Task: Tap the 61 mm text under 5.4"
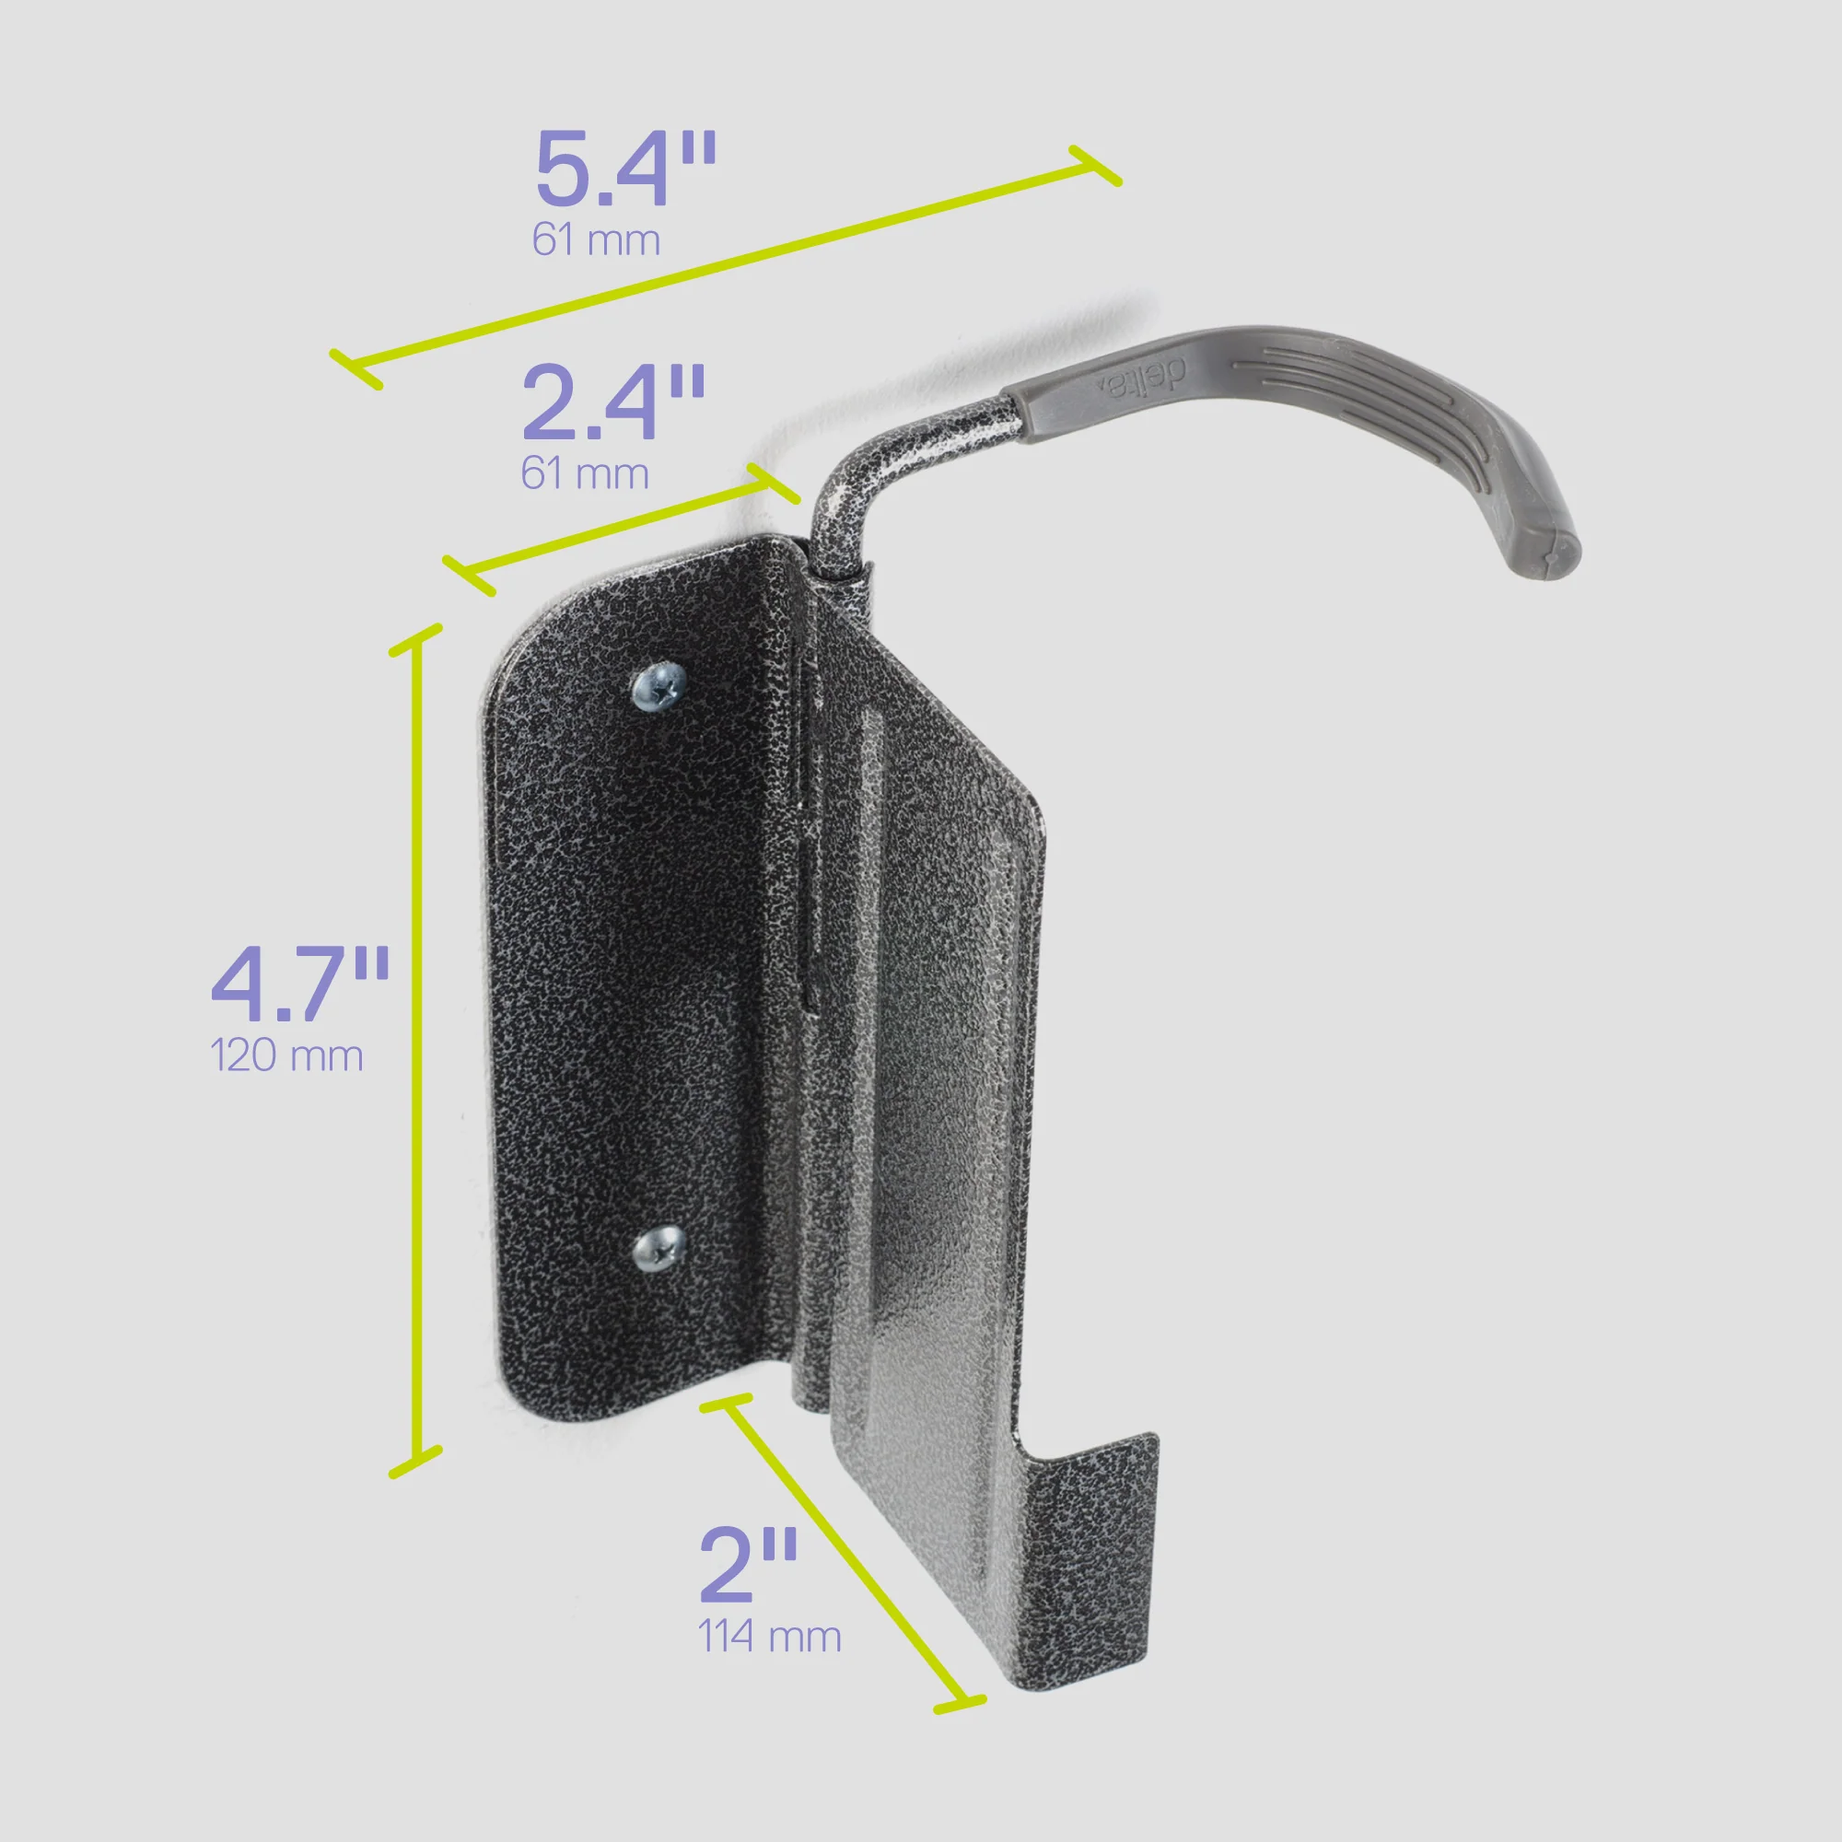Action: pyautogui.click(x=596, y=240)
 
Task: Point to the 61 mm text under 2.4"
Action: pyautogui.click(x=585, y=473)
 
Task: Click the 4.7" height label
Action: pyautogui.click(x=299, y=985)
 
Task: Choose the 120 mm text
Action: pyautogui.click(x=286, y=1056)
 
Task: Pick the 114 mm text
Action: pyautogui.click(x=769, y=1637)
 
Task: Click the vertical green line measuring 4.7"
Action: pyautogui.click(x=415, y=1049)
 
